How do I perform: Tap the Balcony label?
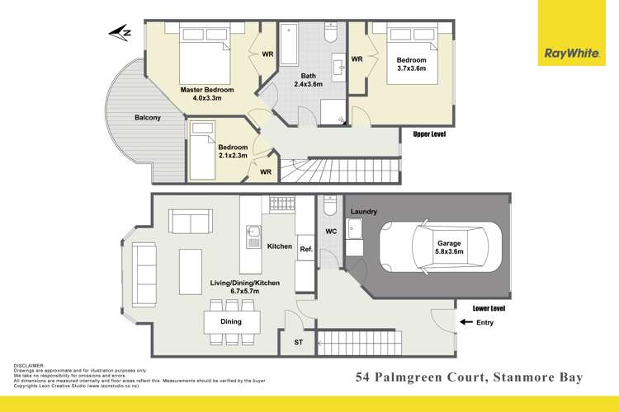(x=148, y=118)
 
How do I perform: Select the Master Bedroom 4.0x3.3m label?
(x=207, y=93)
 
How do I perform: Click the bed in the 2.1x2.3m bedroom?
(x=214, y=151)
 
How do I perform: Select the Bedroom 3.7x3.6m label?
(x=411, y=65)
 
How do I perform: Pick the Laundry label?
(x=364, y=213)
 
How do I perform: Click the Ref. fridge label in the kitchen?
(x=304, y=250)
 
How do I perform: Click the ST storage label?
(x=299, y=340)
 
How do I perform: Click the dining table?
(x=231, y=322)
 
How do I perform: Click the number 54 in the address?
(x=362, y=378)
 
